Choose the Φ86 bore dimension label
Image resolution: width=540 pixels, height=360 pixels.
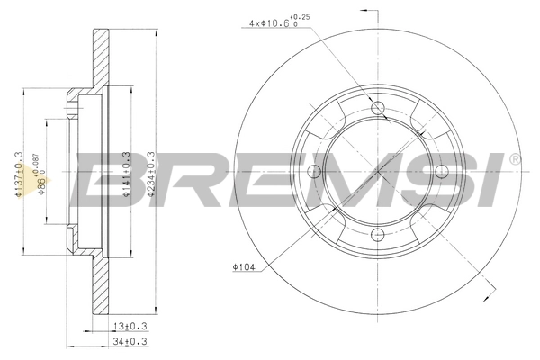click(41, 174)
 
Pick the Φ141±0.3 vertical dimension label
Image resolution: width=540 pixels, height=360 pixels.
click(126, 174)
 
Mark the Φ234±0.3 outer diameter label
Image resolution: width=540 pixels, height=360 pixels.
click(151, 174)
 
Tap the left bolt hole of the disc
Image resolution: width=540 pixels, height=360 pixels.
click(315, 172)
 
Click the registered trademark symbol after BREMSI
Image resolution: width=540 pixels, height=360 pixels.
click(515, 159)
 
